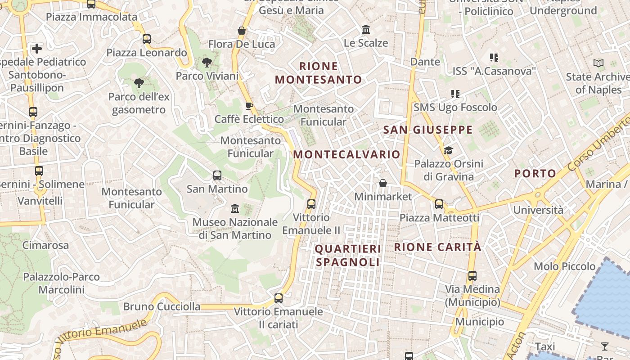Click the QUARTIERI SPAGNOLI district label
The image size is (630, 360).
[x=347, y=256]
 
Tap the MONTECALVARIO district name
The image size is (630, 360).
[x=346, y=154]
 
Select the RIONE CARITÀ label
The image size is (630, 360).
[x=437, y=247]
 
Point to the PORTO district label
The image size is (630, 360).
[x=535, y=173]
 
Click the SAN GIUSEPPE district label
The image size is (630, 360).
[x=428, y=130]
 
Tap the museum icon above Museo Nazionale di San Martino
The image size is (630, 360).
[x=235, y=209]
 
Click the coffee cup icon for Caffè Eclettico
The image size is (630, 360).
[x=249, y=106]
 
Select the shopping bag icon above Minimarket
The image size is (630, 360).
[x=383, y=183]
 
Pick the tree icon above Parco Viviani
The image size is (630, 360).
[x=207, y=63]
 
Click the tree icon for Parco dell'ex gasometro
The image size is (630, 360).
[x=139, y=83]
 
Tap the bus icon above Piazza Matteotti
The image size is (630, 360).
[x=439, y=204]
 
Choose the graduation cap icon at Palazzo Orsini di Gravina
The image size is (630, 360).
[x=448, y=150]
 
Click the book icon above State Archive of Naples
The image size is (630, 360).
[x=598, y=63]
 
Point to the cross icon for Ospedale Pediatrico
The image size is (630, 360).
[x=37, y=48]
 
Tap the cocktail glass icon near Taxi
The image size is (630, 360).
[x=604, y=346]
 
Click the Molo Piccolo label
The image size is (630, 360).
[x=564, y=266]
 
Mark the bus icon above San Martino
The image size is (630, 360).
[x=217, y=175]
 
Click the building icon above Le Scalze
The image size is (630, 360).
[x=366, y=30]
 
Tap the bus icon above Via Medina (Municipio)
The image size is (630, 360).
[x=472, y=276]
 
